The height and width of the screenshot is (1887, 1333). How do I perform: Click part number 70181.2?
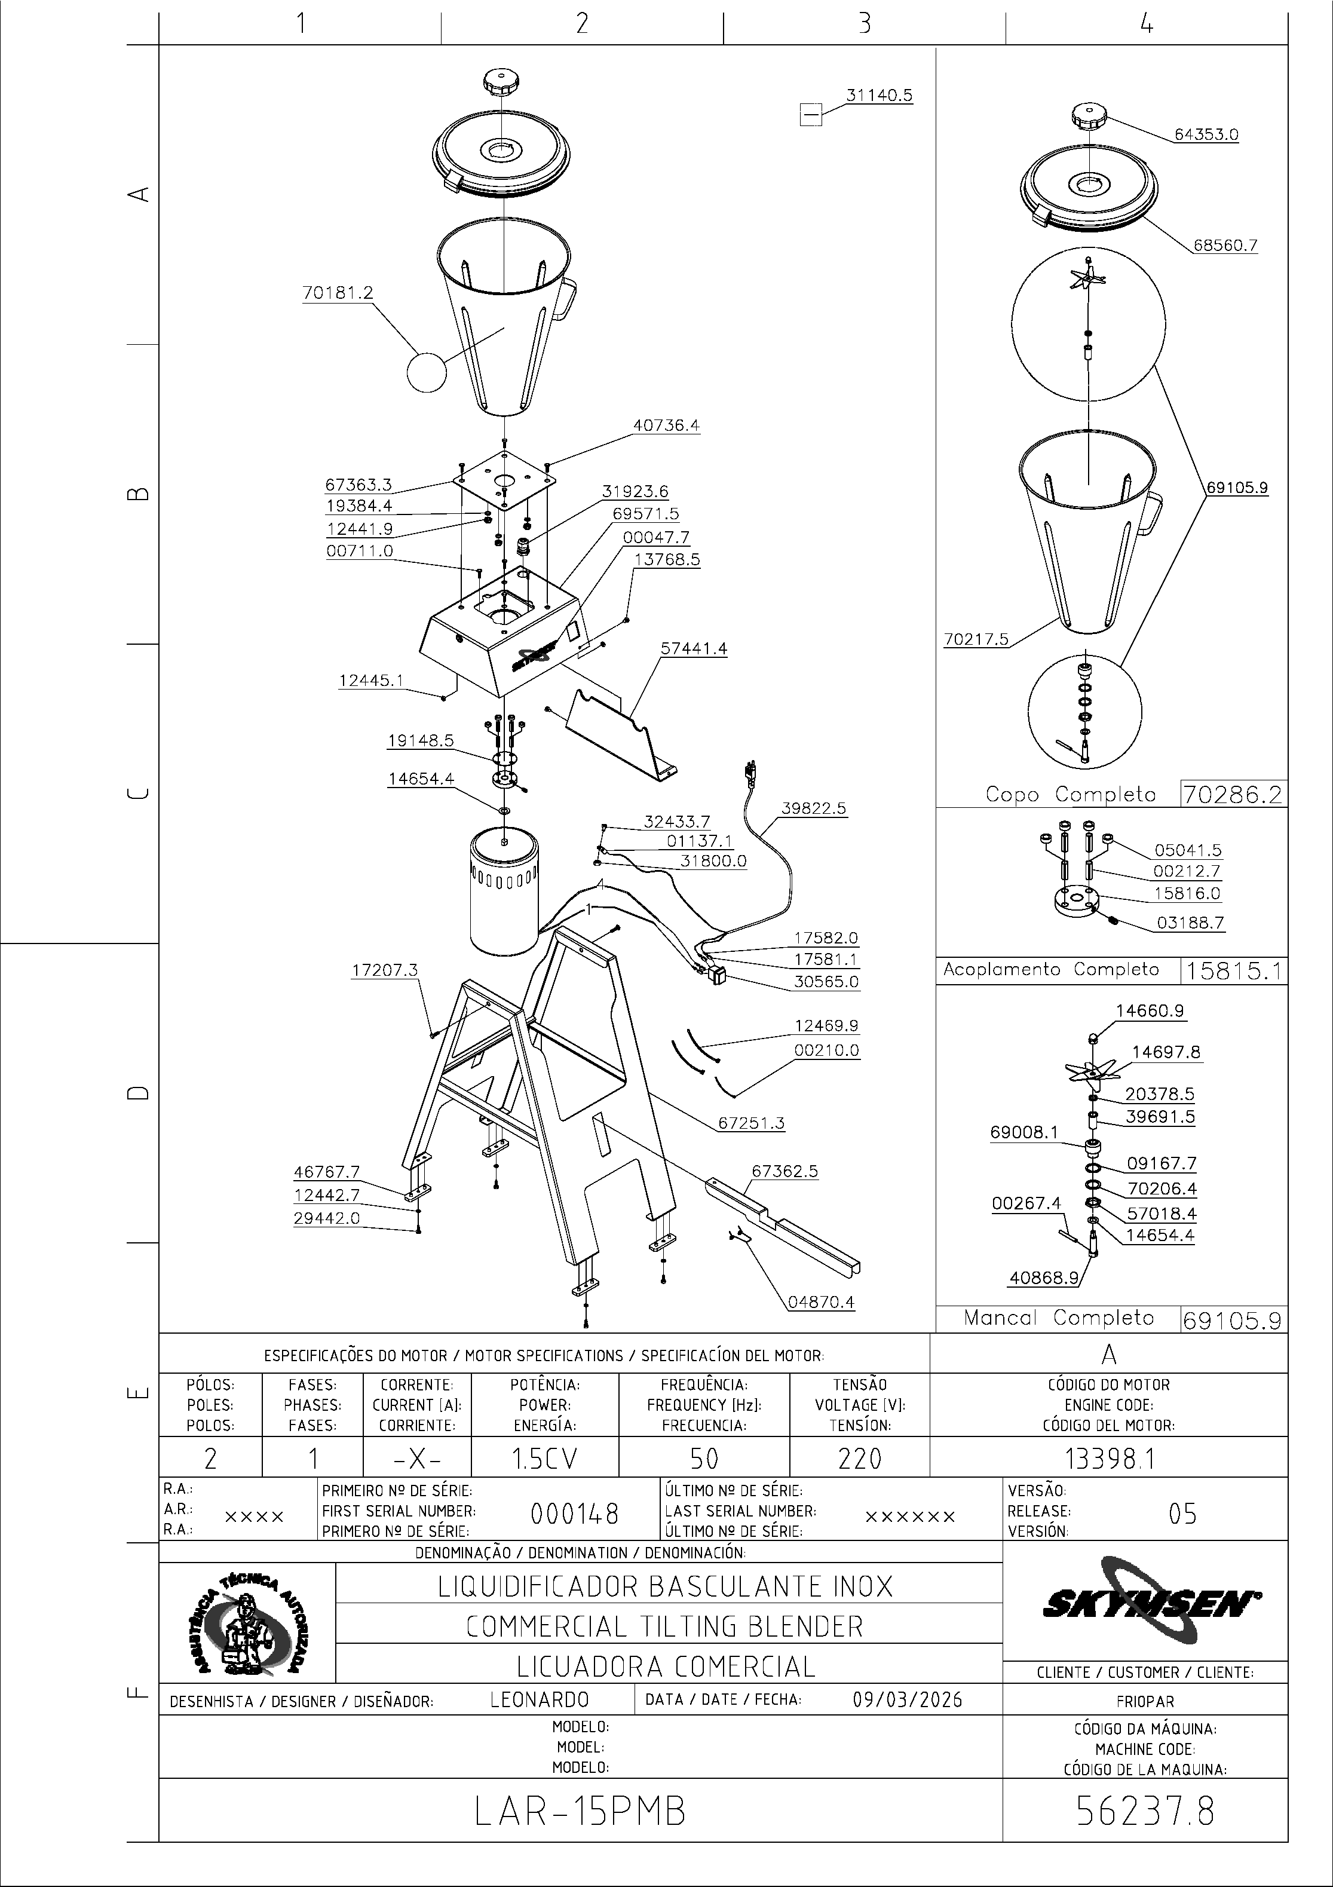[x=338, y=293]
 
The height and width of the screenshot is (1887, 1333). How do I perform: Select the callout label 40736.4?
[x=667, y=425]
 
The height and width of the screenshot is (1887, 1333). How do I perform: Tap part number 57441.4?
[x=694, y=648]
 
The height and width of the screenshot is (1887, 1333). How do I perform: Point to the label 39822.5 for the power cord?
[x=814, y=808]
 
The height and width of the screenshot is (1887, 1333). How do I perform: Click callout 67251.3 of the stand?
[x=751, y=1123]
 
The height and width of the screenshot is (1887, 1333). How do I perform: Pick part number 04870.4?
[x=821, y=1302]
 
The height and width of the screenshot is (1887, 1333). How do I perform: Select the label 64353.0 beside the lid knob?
[x=1206, y=134]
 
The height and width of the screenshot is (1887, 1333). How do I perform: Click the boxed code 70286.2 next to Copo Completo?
[x=1232, y=794]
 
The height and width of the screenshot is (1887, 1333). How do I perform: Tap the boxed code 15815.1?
[x=1232, y=970]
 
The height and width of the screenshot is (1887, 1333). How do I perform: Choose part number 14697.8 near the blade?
[x=1166, y=1052]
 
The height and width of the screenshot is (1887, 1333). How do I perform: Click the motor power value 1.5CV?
[x=545, y=1458]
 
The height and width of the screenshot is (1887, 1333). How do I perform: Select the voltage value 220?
[x=860, y=1458]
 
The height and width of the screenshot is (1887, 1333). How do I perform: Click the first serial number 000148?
[x=574, y=1513]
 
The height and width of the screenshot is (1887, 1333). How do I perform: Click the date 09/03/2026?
[x=908, y=1699]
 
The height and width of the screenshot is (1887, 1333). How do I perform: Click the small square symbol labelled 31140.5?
[x=810, y=114]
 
